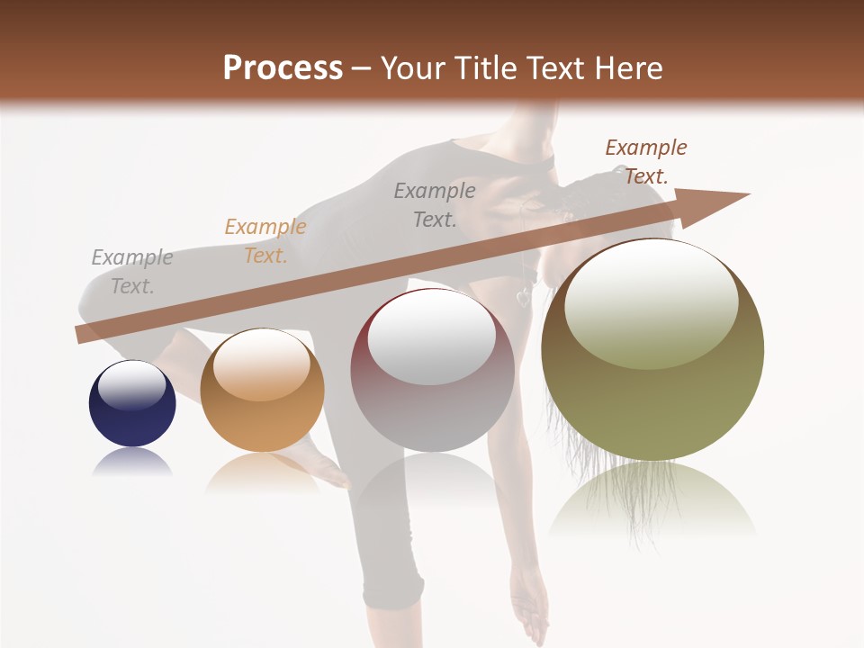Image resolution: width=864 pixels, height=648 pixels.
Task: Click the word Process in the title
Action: pos(283,67)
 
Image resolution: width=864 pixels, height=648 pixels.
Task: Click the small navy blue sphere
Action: pos(132,403)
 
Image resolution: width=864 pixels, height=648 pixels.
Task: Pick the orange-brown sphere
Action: pos(262,391)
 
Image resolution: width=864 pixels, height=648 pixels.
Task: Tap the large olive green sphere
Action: pos(652,349)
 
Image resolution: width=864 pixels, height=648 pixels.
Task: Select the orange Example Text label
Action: pos(265,241)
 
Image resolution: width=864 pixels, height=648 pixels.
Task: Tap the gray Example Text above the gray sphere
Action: pos(435,204)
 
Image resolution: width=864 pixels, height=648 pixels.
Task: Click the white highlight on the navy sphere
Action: pos(132,384)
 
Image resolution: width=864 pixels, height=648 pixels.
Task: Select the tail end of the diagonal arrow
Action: pos(83,335)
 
